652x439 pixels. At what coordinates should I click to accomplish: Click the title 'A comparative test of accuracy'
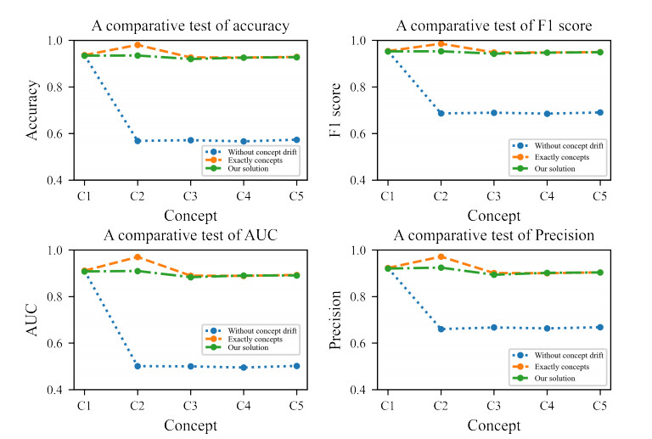pyautogui.click(x=190, y=26)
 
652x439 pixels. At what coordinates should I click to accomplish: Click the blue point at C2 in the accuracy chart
pyautogui.click(x=137, y=140)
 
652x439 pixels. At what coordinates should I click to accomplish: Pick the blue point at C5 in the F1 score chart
pyautogui.click(x=599, y=112)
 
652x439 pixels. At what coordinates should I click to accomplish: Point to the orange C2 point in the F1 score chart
pyautogui.click(x=440, y=43)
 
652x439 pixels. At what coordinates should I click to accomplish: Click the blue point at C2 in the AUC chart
pyautogui.click(x=137, y=366)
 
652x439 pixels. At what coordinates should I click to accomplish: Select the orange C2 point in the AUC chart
pyautogui.click(x=137, y=257)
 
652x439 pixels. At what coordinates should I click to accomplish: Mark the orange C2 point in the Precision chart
pyautogui.click(x=440, y=256)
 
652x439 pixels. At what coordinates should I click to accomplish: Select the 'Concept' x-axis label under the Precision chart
pyautogui.click(x=493, y=425)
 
